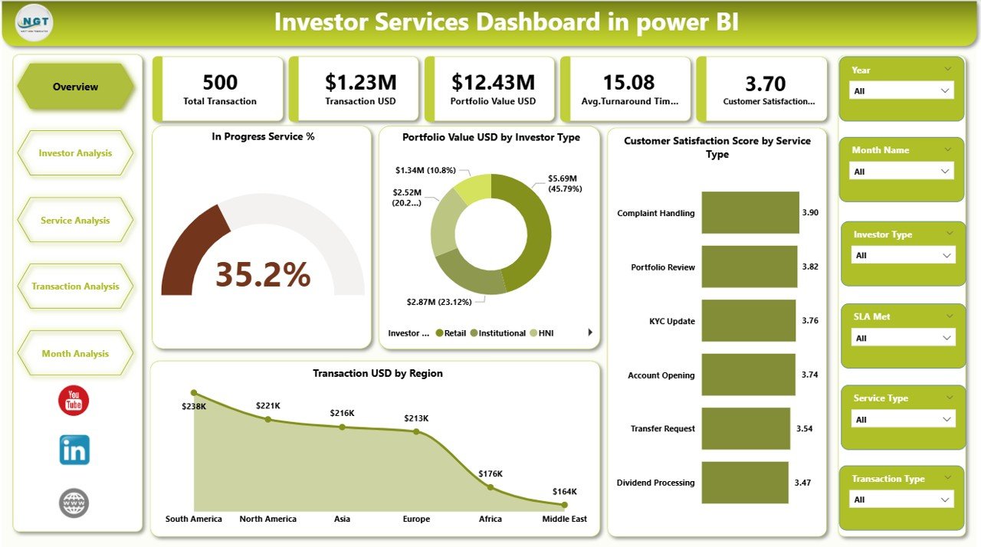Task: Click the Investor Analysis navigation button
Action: coord(75,153)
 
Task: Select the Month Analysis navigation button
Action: coord(75,353)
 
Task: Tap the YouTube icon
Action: coord(74,401)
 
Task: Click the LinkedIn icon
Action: coord(74,450)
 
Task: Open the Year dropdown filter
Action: coord(902,90)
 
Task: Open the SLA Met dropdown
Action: coord(903,338)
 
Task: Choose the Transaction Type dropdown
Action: coord(902,500)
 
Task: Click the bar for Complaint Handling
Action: coord(750,213)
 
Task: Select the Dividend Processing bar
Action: coord(744,483)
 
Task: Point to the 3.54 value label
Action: coord(804,429)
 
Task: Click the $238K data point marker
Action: coord(194,393)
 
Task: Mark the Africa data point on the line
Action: coord(490,487)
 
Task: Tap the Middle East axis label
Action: coord(564,519)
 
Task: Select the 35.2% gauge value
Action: coord(262,274)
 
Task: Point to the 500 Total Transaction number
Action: coord(220,82)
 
